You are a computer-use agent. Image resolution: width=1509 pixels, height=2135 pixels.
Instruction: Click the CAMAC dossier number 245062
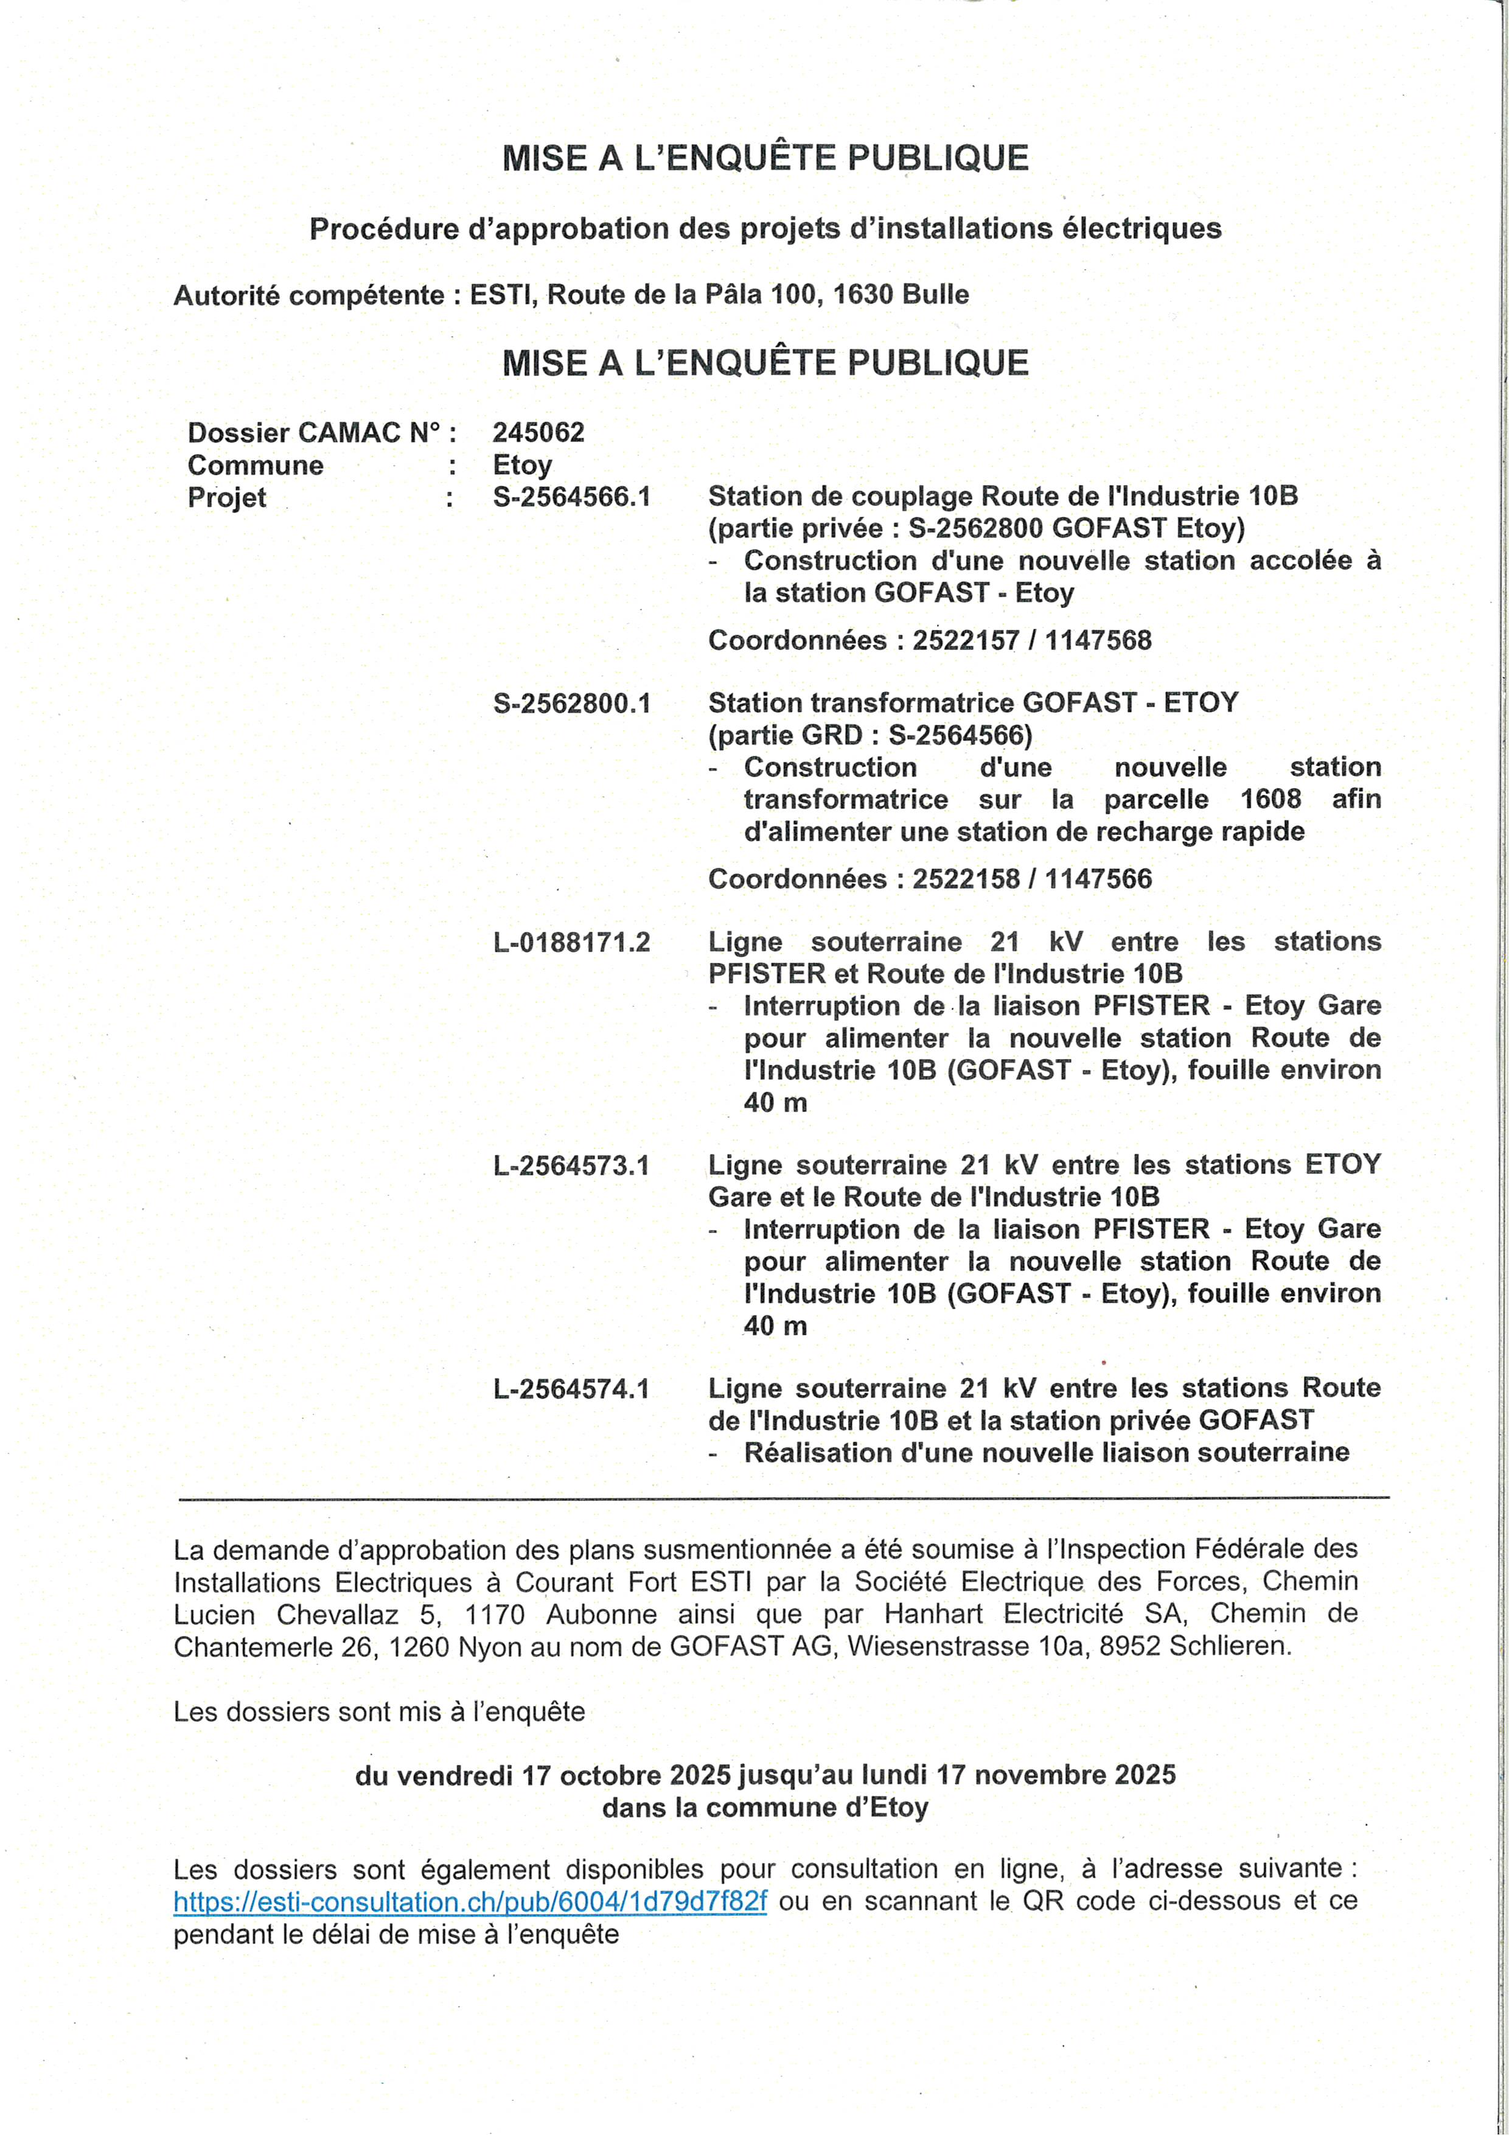pos(538,432)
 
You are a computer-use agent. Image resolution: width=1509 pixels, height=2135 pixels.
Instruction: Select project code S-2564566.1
pos(571,497)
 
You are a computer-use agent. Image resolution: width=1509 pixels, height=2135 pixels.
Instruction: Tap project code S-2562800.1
pos(571,703)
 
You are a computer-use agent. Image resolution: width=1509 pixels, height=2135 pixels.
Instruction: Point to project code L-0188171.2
pos(571,943)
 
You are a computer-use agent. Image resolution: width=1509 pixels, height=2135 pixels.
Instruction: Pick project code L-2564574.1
pos(571,1389)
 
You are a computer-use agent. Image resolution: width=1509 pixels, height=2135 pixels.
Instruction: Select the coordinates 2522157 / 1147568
pos(1031,641)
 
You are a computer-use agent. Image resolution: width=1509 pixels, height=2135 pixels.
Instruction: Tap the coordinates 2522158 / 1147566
pos(1031,879)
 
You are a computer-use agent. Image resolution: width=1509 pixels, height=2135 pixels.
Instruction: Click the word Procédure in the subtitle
pos(383,229)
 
